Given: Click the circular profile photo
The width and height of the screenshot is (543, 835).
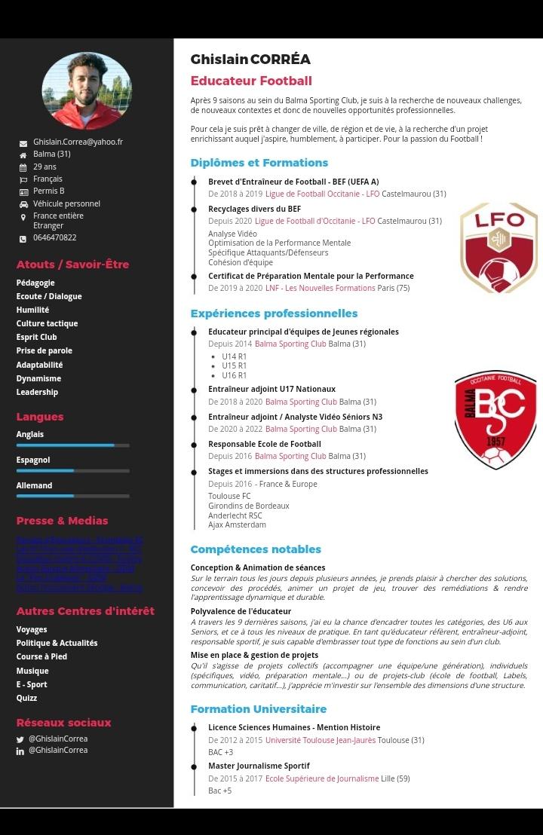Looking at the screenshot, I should coord(87,90).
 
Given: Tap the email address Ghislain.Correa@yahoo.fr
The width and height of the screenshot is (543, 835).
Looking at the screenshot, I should coord(78,142).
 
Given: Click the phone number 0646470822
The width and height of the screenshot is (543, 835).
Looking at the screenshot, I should coord(54,237).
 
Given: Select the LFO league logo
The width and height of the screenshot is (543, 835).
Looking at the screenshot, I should coord(499,247).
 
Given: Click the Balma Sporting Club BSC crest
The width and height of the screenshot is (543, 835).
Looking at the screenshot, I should coord(495,419).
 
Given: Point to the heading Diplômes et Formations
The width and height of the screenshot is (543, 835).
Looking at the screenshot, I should coord(259,163).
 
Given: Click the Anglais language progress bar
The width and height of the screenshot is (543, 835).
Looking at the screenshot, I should coord(72,445).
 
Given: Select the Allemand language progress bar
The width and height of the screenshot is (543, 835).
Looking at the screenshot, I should coord(72,496).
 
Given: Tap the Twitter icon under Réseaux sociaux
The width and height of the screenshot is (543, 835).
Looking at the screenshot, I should coord(20,739).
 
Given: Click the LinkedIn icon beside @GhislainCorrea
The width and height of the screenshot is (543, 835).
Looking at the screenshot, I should coord(20,751).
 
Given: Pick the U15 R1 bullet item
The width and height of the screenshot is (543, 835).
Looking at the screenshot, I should coord(234,366).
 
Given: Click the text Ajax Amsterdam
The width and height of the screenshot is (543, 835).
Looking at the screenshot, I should coord(237,525).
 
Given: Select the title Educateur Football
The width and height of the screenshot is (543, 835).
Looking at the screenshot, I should coord(250,81).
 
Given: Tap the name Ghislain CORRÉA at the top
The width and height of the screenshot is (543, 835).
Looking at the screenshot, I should coord(250,60).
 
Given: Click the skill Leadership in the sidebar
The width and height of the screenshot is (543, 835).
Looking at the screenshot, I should coord(37,392).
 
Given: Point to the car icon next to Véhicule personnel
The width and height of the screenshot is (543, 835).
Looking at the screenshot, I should coord(23,204).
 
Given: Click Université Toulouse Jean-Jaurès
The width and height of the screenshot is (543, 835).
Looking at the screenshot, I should coord(320,740).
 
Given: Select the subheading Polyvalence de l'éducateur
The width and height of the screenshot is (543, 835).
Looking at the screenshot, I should coord(241,611).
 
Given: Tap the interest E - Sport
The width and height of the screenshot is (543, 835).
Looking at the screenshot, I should coord(32,684).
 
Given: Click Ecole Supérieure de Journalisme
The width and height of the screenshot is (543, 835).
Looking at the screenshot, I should coord(321,778).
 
